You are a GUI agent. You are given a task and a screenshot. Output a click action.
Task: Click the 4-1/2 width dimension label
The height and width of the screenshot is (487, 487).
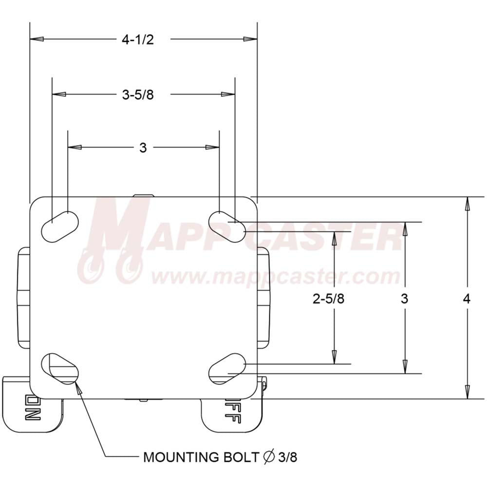(x=138, y=40)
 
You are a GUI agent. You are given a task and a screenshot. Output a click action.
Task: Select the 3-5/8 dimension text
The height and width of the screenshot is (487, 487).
(x=138, y=95)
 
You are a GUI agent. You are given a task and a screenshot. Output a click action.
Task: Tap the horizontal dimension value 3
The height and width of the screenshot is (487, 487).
(x=143, y=148)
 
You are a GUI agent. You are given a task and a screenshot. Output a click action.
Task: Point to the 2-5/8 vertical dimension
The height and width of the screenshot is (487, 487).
(x=328, y=299)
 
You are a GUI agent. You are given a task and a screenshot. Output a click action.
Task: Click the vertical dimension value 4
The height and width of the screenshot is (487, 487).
(x=467, y=299)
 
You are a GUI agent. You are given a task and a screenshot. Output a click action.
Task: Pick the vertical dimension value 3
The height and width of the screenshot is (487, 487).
(x=404, y=299)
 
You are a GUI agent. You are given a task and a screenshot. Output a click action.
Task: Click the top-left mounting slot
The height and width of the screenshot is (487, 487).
(x=60, y=226)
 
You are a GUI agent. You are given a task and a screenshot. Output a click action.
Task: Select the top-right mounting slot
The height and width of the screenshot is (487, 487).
(x=227, y=226)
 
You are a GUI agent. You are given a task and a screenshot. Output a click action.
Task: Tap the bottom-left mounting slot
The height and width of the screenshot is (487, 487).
(x=60, y=369)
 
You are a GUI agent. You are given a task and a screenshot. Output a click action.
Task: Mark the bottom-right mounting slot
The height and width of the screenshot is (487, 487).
(x=227, y=369)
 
